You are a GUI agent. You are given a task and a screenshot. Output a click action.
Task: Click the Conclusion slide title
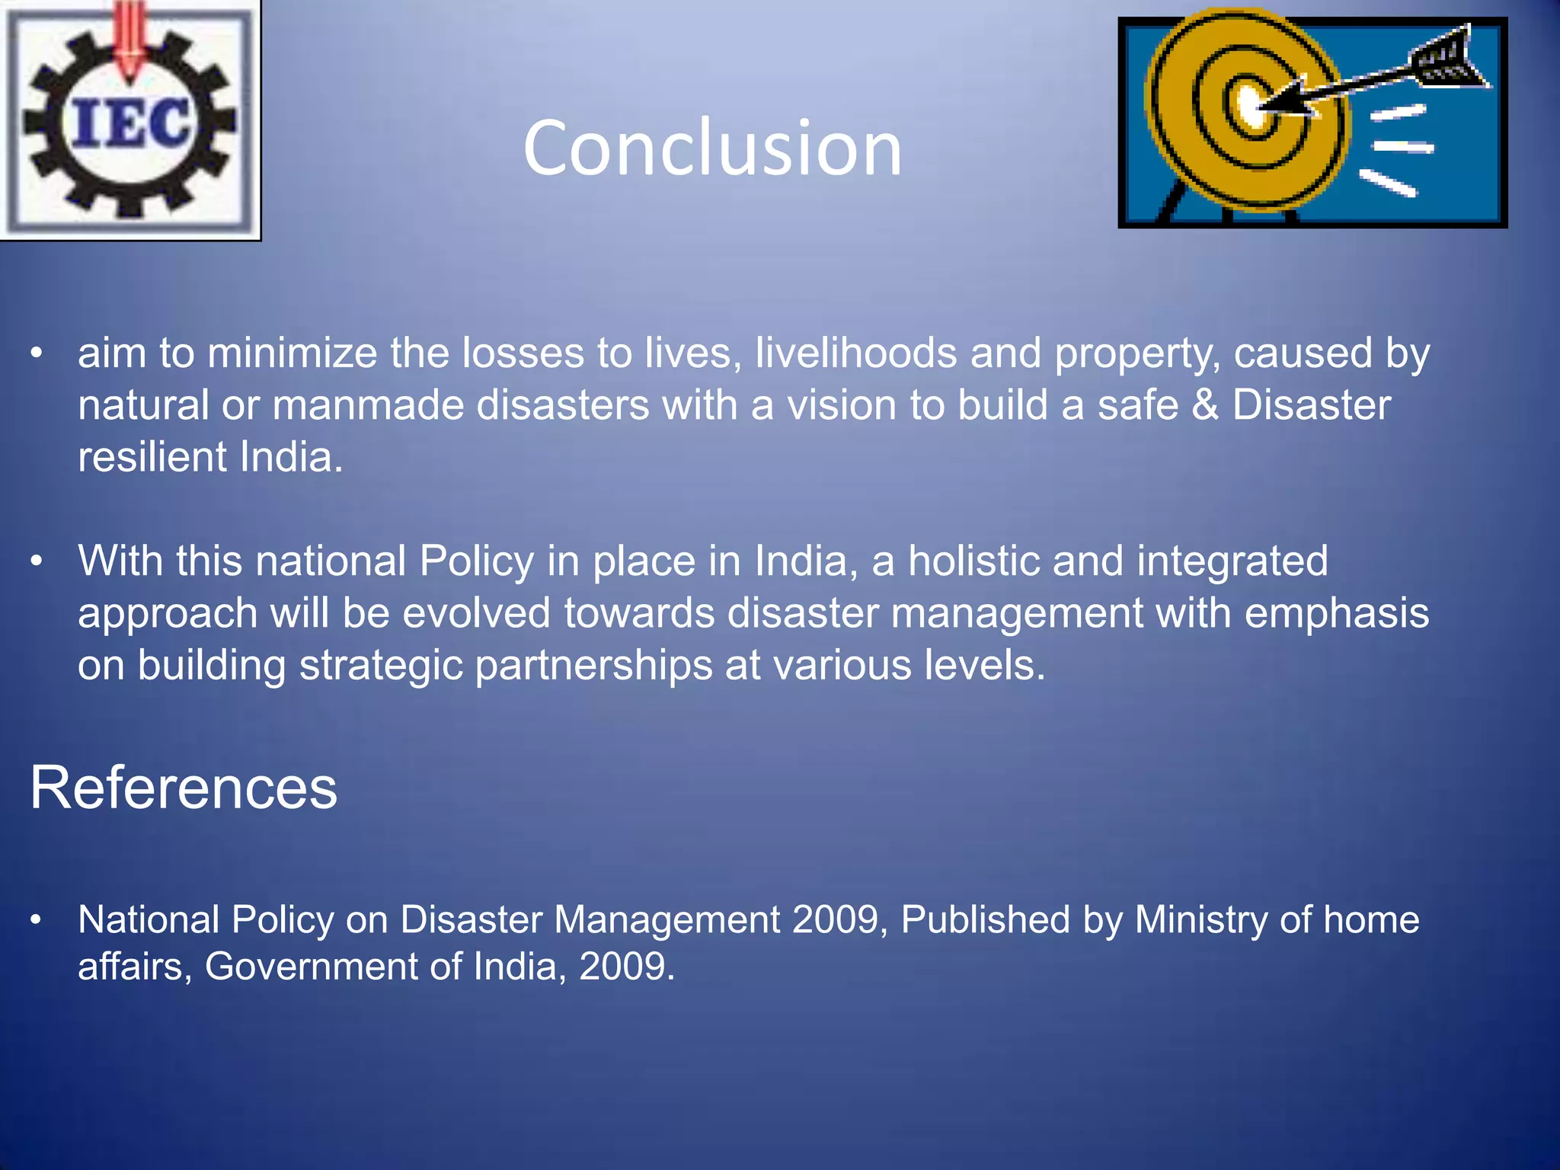[712, 148]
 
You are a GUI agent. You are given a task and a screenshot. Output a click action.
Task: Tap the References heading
[184, 788]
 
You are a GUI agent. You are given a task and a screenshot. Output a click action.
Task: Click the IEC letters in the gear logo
[129, 123]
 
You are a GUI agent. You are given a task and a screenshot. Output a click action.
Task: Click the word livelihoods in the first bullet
[855, 353]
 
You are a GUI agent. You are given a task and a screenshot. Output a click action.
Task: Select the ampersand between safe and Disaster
[1204, 404]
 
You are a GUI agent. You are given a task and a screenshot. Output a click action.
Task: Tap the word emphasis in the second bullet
[1336, 613]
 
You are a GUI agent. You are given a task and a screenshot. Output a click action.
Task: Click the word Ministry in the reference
[1200, 919]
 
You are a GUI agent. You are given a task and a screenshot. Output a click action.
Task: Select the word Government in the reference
[310, 967]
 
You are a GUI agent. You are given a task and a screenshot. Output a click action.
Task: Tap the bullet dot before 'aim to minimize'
[37, 354]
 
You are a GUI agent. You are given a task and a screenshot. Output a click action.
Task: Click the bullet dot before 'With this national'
[37, 562]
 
